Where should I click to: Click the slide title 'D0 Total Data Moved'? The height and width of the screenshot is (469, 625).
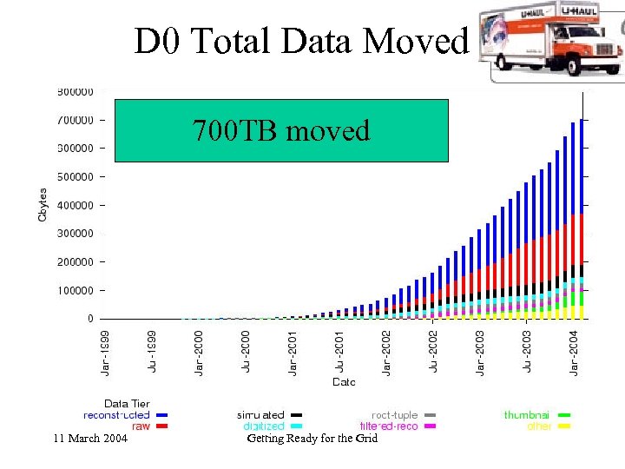click(x=300, y=41)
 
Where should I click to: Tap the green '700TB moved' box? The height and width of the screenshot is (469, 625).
click(x=281, y=131)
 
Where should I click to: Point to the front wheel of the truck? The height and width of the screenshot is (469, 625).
click(x=575, y=67)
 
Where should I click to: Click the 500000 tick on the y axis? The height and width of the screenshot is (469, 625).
click(x=76, y=176)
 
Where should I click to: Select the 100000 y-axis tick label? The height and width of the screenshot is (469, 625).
click(x=76, y=290)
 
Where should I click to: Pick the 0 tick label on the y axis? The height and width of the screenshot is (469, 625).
click(x=90, y=319)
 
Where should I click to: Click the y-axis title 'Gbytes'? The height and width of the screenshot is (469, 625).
click(x=43, y=204)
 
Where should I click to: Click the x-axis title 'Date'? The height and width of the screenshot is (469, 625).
click(x=344, y=381)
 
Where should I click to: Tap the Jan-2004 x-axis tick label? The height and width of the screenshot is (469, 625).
click(x=574, y=351)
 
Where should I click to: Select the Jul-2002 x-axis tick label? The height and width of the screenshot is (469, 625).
click(x=432, y=351)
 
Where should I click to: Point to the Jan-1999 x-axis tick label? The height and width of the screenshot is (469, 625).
click(x=103, y=351)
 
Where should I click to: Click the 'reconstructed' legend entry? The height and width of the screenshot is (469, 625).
click(x=116, y=415)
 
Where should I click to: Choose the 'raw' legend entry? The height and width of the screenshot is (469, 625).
click(x=140, y=426)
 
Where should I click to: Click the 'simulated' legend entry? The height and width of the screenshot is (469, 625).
click(x=260, y=415)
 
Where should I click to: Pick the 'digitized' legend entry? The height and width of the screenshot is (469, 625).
click(x=263, y=426)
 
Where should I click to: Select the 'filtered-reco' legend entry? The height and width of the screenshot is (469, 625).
click(x=389, y=426)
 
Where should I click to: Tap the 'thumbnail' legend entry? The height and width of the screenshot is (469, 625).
click(x=528, y=415)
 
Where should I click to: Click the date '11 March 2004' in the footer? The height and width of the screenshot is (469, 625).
click(x=90, y=439)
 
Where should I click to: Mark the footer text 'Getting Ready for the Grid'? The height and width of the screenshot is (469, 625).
click(x=312, y=439)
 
